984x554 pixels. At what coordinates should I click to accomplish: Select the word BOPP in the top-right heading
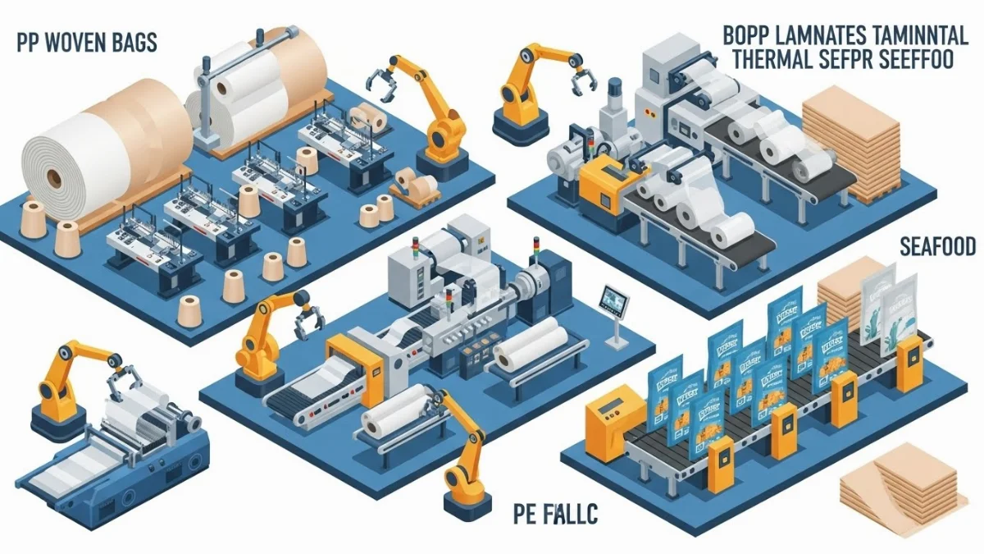point(748,35)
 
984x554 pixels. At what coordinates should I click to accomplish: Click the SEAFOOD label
point(936,245)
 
